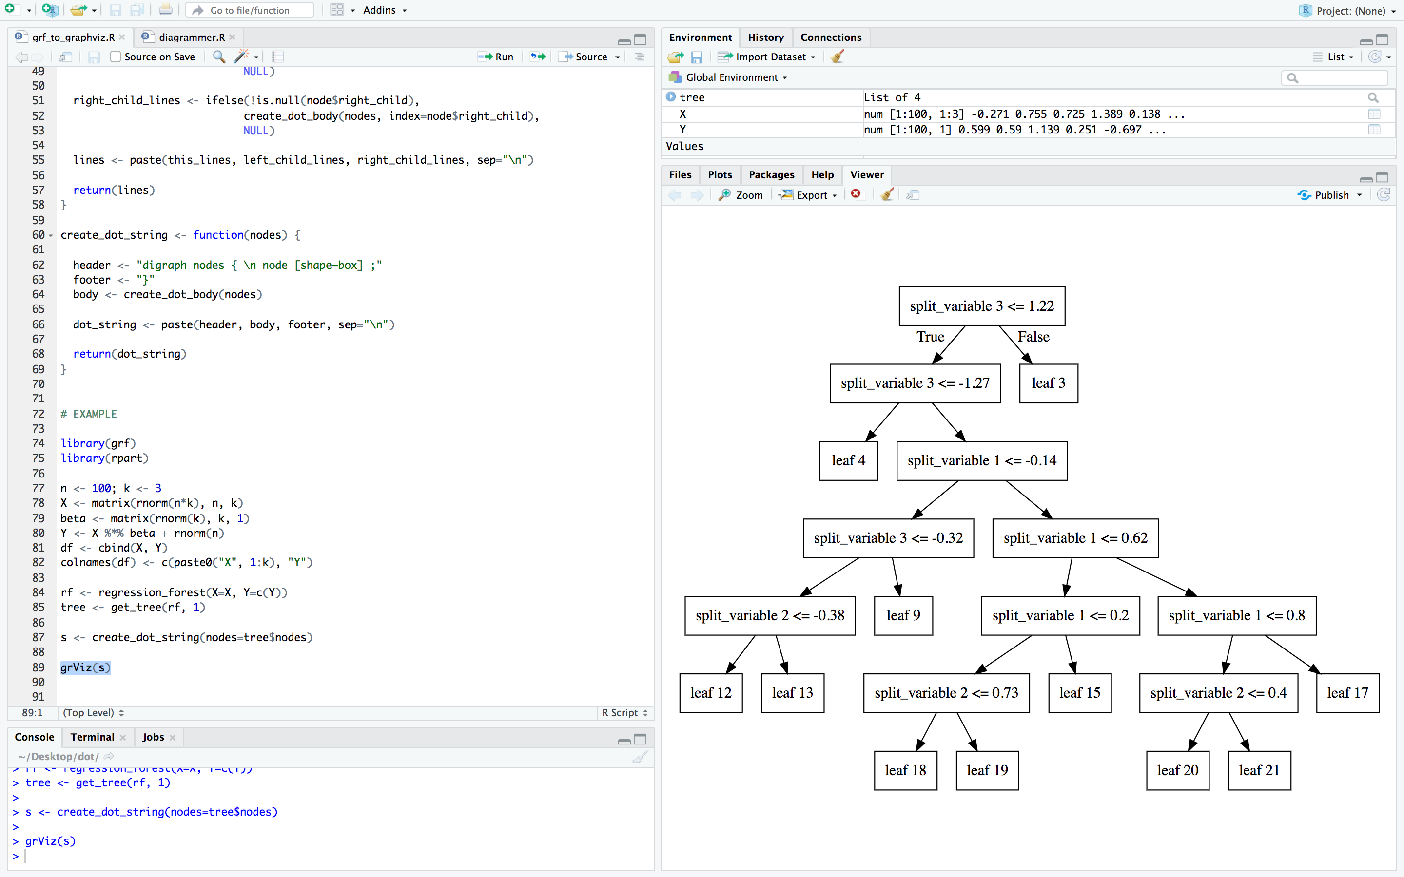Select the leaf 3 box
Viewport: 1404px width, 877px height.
1048,383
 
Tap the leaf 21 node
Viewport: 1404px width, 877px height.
1259,770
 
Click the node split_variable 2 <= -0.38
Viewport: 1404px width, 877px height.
770,615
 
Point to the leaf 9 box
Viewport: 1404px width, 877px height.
903,615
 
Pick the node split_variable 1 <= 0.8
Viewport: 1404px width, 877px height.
1236,615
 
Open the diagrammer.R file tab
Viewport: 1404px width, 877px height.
192,37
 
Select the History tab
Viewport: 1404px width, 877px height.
765,37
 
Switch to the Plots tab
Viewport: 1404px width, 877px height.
720,174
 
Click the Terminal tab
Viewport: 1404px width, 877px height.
92,737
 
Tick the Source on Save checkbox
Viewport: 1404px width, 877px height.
116,57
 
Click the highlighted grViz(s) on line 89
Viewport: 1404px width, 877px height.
85,667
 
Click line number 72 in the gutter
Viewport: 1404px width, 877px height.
39,414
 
